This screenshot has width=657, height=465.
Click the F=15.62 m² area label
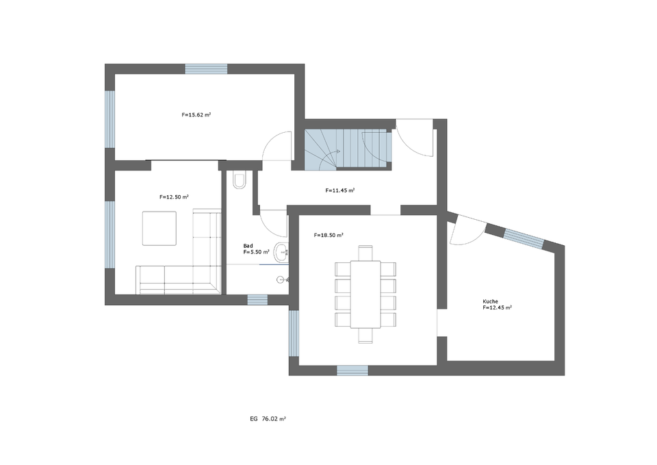(x=196, y=114)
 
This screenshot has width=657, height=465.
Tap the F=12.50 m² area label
(x=174, y=197)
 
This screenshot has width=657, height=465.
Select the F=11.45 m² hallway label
(x=340, y=190)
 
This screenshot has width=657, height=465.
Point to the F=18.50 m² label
(x=328, y=235)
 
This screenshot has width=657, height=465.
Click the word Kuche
(x=490, y=301)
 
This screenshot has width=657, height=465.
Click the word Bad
(x=248, y=246)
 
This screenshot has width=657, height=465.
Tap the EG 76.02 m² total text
(x=268, y=418)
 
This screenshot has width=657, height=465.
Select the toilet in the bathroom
(x=240, y=180)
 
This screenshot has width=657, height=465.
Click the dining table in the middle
(x=365, y=294)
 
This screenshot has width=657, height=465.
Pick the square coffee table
(x=159, y=228)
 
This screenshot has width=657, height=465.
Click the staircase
(x=348, y=149)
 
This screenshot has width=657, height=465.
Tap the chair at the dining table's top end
(x=365, y=253)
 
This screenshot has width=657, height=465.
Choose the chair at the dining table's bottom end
(x=365, y=336)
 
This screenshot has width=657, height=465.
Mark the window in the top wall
(x=206, y=68)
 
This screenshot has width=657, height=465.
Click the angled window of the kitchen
(x=524, y=238)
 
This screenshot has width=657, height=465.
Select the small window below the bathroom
(x=257, y=300)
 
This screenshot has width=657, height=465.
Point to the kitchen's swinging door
(x=468, y=231)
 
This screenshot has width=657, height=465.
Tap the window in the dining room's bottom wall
(x=352, y=370)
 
